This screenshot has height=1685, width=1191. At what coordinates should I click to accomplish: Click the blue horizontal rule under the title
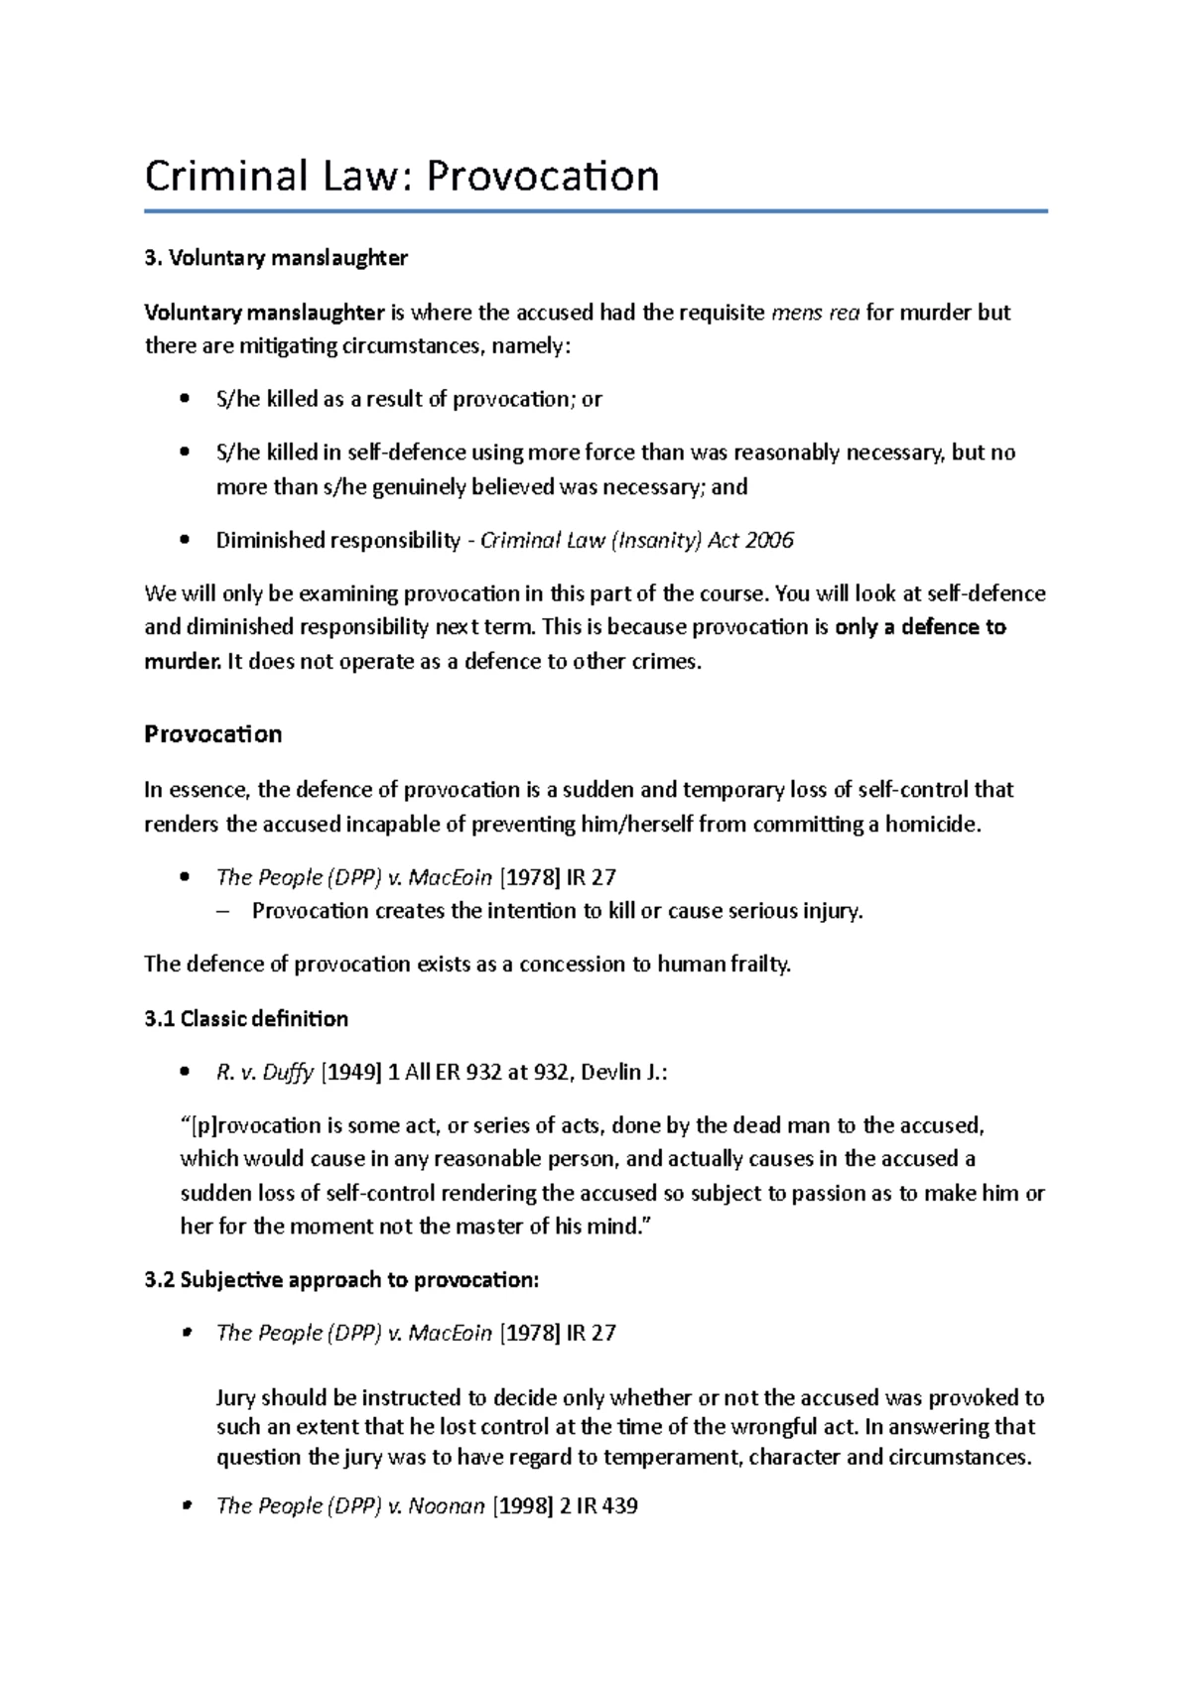(x=595, y=210)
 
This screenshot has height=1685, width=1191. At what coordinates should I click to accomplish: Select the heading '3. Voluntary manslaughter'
(x=276, y=259)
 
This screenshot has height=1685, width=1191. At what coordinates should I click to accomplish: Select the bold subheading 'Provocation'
(x=212, y=734)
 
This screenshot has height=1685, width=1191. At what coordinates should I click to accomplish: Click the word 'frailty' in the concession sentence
(x=757, y=965)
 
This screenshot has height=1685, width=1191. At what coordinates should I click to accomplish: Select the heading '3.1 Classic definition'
(x=246, y=1019)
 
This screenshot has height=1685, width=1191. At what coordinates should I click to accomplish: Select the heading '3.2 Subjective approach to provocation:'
(x=341, y=1280)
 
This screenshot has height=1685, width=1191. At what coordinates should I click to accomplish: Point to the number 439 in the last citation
(x=616, y=1506)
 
